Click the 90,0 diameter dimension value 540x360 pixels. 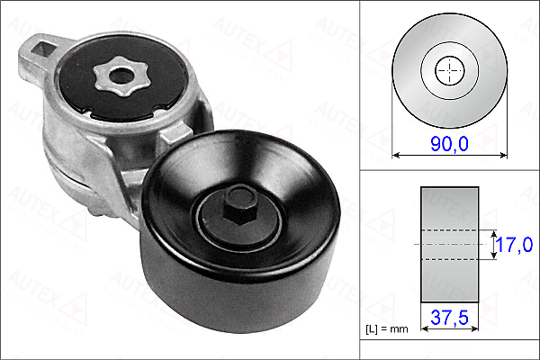[449, 143]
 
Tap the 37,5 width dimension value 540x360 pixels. [449, 317]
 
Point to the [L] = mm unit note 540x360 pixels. [386, 329]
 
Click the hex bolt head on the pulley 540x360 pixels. [240, 206]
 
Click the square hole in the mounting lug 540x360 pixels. [44, 49]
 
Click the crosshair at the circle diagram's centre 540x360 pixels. [449, 70]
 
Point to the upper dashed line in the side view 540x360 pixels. [449, 229]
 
